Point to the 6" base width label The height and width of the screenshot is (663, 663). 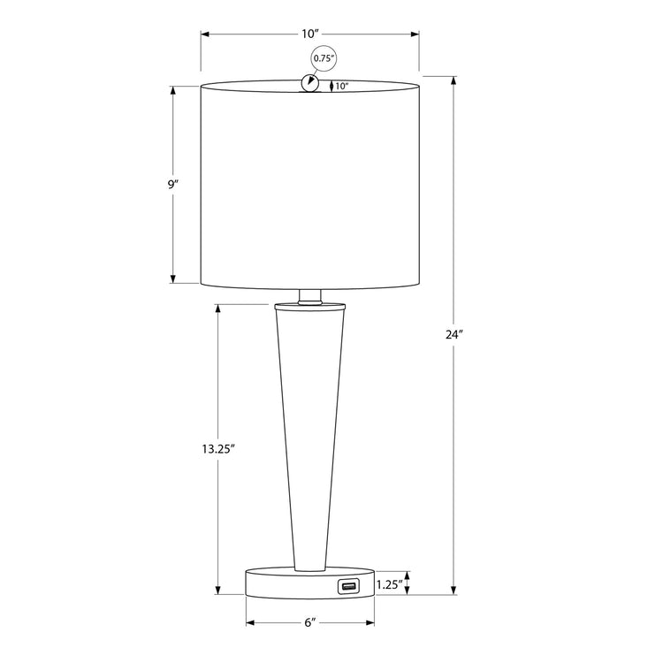coord(309,622)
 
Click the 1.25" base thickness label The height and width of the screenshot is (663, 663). coord(389,584)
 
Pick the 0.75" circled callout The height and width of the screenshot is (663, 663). coord(324,60)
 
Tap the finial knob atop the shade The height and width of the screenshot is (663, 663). coord(309,82)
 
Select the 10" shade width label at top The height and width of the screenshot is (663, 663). coord(309,34)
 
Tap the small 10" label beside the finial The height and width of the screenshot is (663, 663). coord(342,87)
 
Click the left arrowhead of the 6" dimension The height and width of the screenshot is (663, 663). coord(249,622)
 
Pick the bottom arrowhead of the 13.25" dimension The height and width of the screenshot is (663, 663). coord(217,591)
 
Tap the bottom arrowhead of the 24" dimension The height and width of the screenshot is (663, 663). coord(453,591)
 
